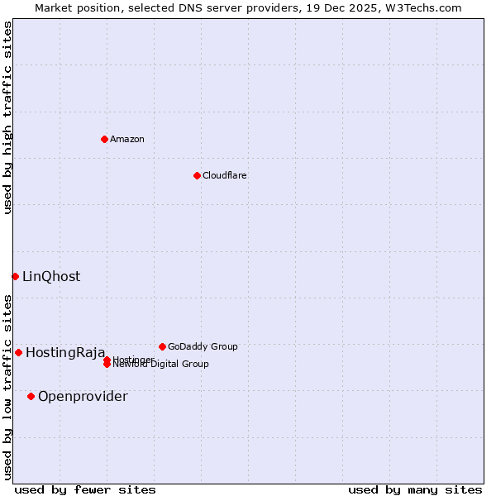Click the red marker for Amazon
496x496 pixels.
pos(104,139)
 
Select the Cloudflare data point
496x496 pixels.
pos(197,175)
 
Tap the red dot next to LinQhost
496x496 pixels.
pos(15,276)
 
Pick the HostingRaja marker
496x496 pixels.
pos(18,352)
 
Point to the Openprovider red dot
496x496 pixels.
pos(31,396)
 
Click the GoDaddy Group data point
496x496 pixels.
pos(162,346)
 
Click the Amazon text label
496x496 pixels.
pos(127,139)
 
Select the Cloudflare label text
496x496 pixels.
pos(225,175)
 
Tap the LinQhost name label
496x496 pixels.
pos(51,276)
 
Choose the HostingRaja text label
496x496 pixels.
pos(65,352)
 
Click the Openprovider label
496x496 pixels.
pos(83,396)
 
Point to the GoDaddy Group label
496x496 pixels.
pos(203,346)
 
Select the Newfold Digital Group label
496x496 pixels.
pos(161,365)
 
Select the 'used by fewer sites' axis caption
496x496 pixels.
pos(85,489)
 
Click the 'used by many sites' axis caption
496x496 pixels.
pos(415,489)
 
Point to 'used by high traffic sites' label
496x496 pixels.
pos(7,117)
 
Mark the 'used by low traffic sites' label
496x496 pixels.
pos(7,387)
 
